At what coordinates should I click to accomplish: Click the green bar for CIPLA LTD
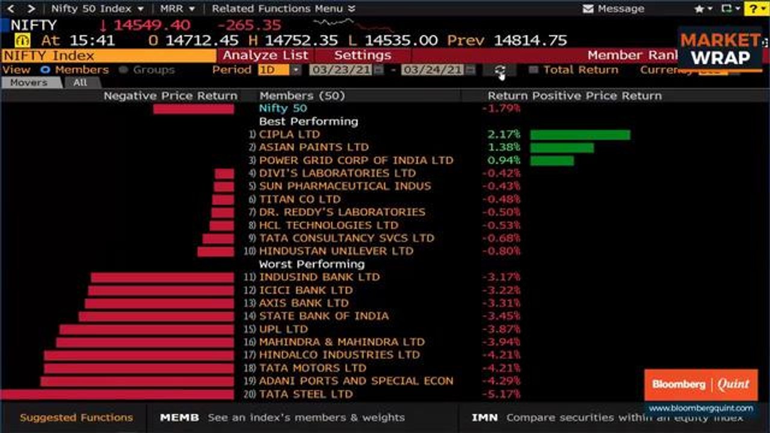point(580,135)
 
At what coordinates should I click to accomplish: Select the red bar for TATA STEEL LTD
point(117,395)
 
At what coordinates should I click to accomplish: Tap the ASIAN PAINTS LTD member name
point(313,147)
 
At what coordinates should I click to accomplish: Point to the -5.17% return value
point(501,395)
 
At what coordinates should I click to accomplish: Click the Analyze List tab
point(265,55)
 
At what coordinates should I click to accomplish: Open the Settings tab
point(362,55)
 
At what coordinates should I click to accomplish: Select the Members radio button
point(45,70)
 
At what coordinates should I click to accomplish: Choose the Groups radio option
point(124,70)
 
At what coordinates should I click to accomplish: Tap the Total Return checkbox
point(533,70)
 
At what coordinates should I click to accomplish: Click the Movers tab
point(29,82)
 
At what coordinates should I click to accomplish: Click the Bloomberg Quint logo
point(701,384)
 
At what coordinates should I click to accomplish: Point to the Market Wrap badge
point(720,49)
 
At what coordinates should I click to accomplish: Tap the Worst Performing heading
point(312,264)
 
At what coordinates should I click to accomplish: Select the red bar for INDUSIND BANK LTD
point(162,277)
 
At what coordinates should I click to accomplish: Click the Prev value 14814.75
point(530,40)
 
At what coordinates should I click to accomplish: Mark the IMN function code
point(484,417)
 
